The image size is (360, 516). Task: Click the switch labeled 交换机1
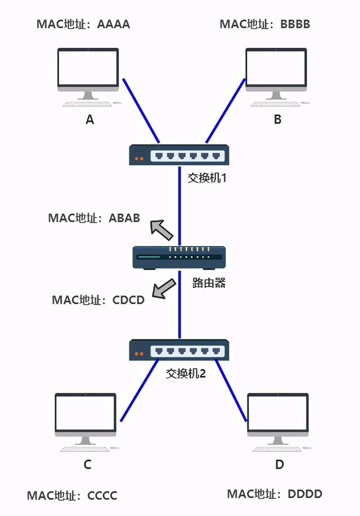pyautogui.click(x=179, y=155)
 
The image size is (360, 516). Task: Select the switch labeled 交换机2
pyautogui.click(x=179, y=350)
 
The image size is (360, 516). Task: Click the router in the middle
pyautogui.click(x=179, y=257)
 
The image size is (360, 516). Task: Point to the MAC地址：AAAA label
pyautogui.click(x=83, y=24)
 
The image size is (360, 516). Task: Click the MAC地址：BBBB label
pyautogui.click(x=265, y=24)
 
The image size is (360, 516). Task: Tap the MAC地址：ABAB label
pyautogui.click(x=94, y=218)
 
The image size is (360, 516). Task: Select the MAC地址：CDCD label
pyautogui.click(x=98, y=300)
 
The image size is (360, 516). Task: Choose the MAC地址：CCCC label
pyautogui.click(x=72, y=495)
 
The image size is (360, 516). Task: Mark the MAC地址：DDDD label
pyautogui.click(x=274, y=494)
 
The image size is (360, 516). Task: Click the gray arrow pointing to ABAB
pyautogui.click(x=162, y=229)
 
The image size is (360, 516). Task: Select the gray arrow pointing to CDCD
pyautogui.click(x=165, y=288)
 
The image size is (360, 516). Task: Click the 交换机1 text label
pyautogui.click(x=206, y=178)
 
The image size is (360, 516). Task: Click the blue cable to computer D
pyautogui.click(x=231, y=391)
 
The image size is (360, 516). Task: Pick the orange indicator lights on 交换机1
pyautogui.click(x=138, y=159)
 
